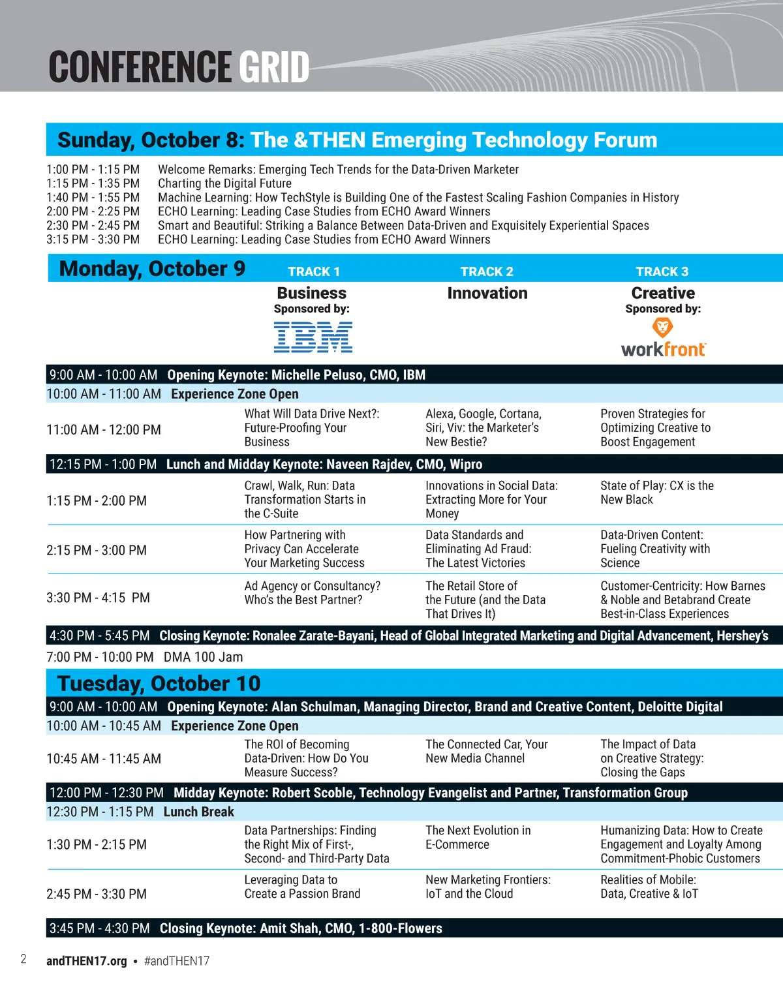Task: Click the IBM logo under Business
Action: tap(313, 337)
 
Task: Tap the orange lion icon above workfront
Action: tap(662, 328)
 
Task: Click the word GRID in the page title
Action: tap(274, 67)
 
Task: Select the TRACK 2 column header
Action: tap(487, 271)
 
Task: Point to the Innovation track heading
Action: tap(487, 293)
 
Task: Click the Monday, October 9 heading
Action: tap(152, 269)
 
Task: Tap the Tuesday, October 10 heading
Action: tap(159, 683)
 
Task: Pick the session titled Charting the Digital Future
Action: tap(224, 183)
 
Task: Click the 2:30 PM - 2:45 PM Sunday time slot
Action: tap(93, 226)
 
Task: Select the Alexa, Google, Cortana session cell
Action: tap(484, 427)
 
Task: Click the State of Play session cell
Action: tap(656, 493)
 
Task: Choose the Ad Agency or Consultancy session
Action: tap(312, 592)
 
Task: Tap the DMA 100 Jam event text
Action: tap(203, 657)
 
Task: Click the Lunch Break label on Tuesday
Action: tap(199, 812)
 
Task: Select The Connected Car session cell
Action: tap(487, 752)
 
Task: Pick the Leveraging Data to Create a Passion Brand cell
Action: tap(302, 887)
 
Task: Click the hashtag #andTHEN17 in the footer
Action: tap(177, 961)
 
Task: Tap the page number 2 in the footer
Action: tap(23, 959)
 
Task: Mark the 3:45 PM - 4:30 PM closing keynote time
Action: tap(99, 928)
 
